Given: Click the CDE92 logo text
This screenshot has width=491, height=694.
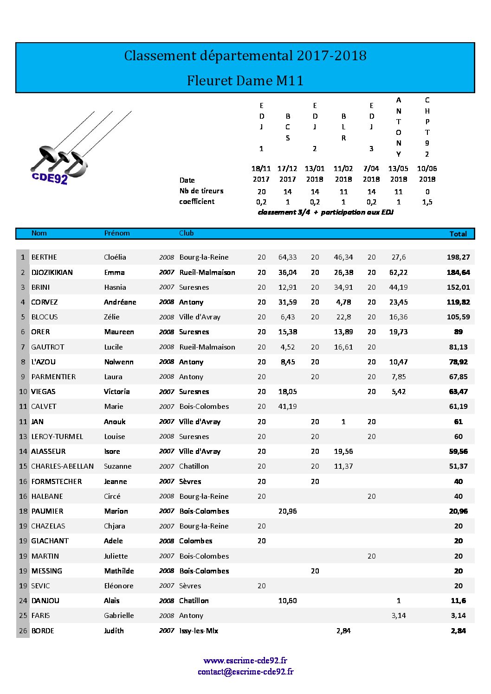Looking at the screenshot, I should pos(50,178).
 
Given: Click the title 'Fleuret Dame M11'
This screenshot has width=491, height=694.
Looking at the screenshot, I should pos(245,81).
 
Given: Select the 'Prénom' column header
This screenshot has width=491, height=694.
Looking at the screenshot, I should pos(117,233).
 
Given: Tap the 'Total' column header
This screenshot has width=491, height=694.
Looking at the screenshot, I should pos(458,234).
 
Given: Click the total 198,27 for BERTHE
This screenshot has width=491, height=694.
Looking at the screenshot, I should pos(458,257).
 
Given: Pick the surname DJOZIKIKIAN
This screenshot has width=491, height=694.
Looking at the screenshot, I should pos(52,272).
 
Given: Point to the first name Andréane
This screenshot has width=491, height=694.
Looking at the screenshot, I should pos(120,302).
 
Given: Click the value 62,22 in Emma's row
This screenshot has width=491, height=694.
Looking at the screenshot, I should pos(398,272).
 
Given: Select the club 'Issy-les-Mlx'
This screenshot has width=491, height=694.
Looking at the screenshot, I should pos(199,630).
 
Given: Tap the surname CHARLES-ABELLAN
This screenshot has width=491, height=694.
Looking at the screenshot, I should pos(62,466).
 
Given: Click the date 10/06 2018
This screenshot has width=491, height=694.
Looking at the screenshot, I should pos(427,174).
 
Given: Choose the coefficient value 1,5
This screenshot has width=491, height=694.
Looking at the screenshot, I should pos(427,202).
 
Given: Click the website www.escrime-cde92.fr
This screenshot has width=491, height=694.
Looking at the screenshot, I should pos(245,661).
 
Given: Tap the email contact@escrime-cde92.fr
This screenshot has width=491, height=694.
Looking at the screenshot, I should pos(245,672).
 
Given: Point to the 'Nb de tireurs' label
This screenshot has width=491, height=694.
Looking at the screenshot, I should pos(201,191).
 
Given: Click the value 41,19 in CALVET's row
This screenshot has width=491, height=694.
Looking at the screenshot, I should pos(287,407).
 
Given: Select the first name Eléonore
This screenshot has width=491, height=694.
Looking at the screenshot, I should pos(119,586).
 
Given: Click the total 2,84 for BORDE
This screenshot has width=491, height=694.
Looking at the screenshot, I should pos(458,630).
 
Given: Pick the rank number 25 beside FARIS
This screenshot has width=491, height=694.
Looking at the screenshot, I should pos(23,616).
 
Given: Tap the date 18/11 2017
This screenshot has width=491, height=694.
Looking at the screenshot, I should pos(261,174).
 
